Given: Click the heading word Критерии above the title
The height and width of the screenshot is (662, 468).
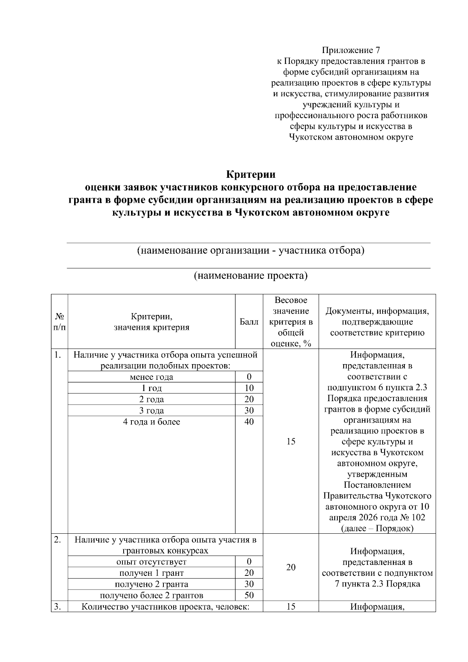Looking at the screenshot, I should pos(251,174).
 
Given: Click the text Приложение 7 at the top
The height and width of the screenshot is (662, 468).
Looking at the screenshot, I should pos(351,50).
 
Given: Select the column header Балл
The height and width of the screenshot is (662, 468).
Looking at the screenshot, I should pos(249,322).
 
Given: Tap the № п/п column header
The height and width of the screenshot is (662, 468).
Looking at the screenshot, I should pos(59,322).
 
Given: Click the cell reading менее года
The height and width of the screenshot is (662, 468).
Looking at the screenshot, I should pos(151,377).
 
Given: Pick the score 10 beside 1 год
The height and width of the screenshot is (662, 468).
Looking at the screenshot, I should pos(249,388).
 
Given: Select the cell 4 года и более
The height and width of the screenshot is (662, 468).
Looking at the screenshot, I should pos(151,422).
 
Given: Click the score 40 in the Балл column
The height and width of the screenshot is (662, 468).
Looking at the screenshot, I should pos(249,422).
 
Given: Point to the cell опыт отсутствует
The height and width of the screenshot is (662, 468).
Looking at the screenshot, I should pos(151,562).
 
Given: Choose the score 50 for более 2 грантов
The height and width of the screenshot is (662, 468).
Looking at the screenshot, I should pos(249,595).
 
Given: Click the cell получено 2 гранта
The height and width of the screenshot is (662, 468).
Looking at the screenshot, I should pos(151,584).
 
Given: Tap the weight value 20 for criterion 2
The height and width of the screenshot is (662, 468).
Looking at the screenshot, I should pos(291,567).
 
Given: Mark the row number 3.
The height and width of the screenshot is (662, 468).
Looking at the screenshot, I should pos(58,607).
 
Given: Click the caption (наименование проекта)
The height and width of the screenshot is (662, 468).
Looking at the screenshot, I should pos(251,276).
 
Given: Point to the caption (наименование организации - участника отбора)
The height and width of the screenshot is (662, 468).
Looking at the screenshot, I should pos(250,250).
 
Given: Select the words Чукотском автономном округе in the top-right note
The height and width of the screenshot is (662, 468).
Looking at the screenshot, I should pos(351,137).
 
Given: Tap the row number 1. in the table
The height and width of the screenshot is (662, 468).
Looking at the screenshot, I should pos(58,355).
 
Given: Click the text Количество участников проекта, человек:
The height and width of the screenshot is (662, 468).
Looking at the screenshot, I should pos(165,607).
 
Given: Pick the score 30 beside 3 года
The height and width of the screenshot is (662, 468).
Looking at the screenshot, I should pos(249,411).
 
